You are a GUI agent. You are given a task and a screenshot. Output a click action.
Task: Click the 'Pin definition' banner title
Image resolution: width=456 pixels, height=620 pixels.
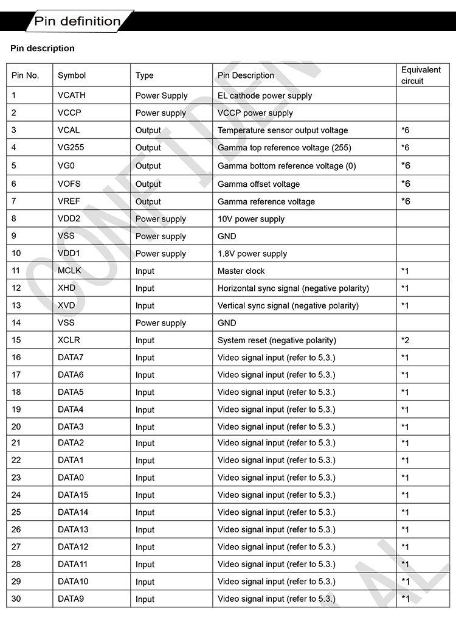coord(77,21)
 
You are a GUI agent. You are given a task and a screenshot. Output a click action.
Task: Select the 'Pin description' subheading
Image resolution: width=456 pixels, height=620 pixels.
coord(43,48)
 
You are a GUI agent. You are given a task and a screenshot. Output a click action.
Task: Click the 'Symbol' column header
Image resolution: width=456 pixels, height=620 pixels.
coord(72,75)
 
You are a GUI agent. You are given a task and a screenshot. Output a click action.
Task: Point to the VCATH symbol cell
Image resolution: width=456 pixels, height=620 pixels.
coord(72,96)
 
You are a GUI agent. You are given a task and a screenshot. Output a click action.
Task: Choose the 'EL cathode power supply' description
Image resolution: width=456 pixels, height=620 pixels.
coord(264,96)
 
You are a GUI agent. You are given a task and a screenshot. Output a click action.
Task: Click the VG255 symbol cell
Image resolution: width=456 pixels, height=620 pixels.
coord(71,147)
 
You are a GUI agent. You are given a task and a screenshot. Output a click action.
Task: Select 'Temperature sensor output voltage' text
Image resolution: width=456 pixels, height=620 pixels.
coord(283,130)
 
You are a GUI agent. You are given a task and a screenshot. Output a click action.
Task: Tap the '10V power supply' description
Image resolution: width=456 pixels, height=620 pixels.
coord(251,219)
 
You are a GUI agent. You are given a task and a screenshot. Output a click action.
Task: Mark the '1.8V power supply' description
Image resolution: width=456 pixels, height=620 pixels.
coord(252,254)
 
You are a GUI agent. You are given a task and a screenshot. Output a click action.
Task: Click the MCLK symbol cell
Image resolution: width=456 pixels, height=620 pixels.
coord(69,271)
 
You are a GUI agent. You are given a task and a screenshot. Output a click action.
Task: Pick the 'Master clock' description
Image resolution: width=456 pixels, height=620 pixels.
coord(241,271)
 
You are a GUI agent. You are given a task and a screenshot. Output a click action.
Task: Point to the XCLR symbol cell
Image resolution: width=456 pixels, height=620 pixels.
coord(69,340)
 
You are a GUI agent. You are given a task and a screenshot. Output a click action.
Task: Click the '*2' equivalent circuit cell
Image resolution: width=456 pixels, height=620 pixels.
coord(405,340)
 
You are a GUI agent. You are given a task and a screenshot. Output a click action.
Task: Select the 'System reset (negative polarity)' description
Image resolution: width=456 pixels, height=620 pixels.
coord(277,340)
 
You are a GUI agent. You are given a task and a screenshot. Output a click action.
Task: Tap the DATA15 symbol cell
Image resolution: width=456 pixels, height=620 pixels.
coord(73,495)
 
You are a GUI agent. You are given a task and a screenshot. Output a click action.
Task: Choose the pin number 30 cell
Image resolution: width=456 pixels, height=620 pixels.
coord(16,599)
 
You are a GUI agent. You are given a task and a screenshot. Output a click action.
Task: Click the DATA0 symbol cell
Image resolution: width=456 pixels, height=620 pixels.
coord(71,478)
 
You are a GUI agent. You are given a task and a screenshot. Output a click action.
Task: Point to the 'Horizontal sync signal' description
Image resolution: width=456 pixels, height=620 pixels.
coord(293,288)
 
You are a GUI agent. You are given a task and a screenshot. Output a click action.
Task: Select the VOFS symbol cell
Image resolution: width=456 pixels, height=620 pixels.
coord(69,184)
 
